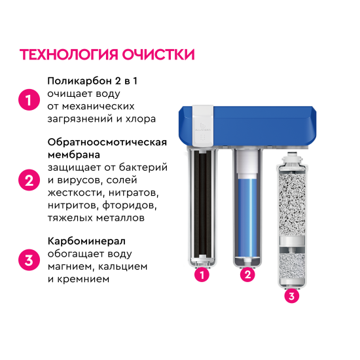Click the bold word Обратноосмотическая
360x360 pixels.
click(107, 143)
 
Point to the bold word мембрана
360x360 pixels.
click(73, 155)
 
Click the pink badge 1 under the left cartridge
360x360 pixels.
click(202, 276)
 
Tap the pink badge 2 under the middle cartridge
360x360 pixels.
click(247, 275)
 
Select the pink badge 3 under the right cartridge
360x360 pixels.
click(292, 297)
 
